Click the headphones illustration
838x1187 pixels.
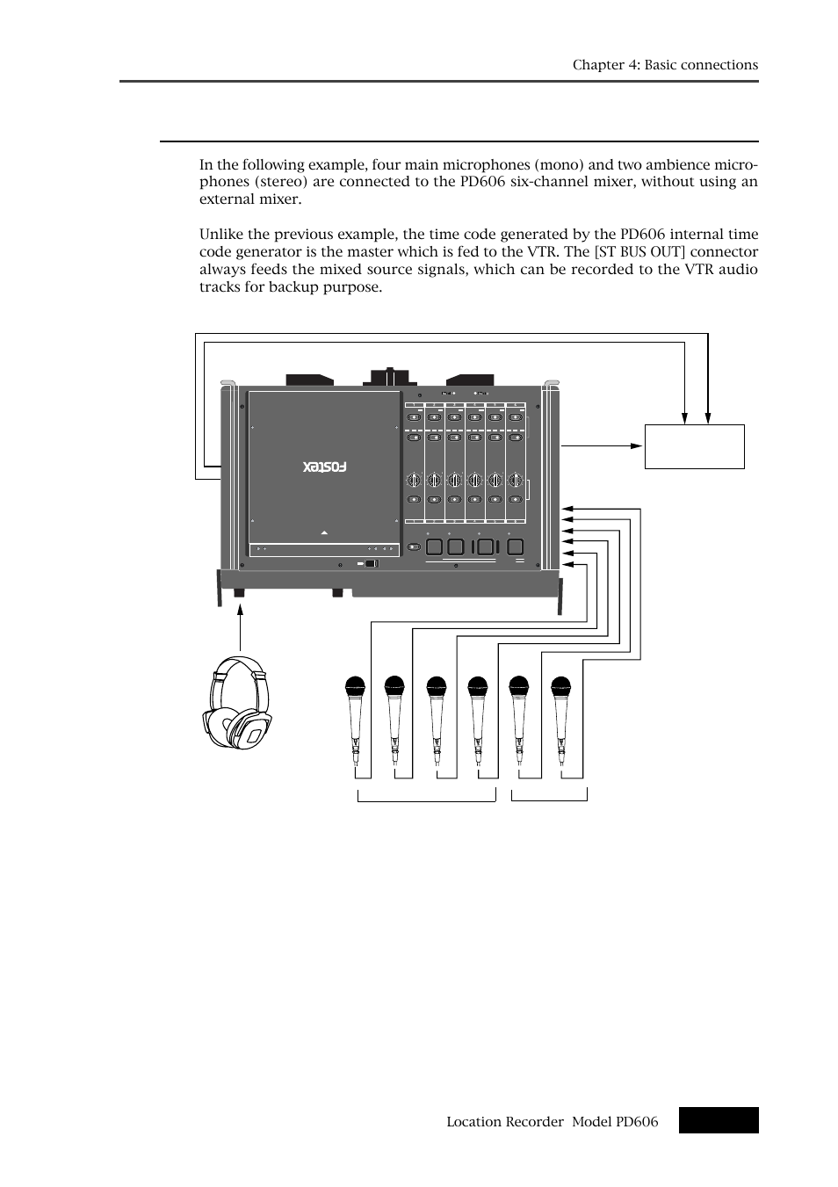pyautogui.click(x=236, y=706)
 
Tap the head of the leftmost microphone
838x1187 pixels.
pyautogui.click(x=354, y=685)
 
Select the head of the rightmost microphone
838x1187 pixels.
pyautogui.click(x=560, y=685)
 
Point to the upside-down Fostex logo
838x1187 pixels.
pyautogui.click(x=325, y=467)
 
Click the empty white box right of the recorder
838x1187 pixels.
pyautogui.click(x=694, y=446)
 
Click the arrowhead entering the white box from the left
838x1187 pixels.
pyautogui.click(x=639, y=445)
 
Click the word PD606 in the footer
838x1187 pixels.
pyautogui.click(x=639, y=1121)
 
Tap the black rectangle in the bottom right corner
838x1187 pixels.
pyautogui.click(x=718, y=1120)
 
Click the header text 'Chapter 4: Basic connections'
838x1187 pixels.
pyautogui.click(x=665, y=65)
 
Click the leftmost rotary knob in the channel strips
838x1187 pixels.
pyautogui.click(x=413, y=480)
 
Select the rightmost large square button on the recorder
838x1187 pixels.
pyautogui.click(x=516, y=546)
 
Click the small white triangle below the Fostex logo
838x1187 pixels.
pyautogui.click(x=325, y=532)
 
